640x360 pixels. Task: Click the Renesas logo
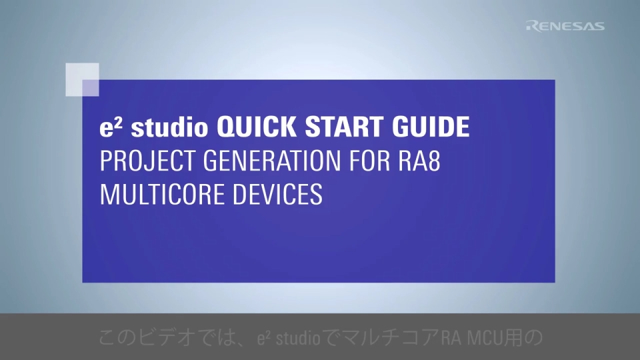pyautogui.click(x=565, y=26)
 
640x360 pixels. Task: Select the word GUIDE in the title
pyautogui.click(x=431, y=127)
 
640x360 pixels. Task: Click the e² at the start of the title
pyautogui.click(x=109, y=127)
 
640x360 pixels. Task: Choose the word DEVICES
pyautogui.click(x=285, y=196)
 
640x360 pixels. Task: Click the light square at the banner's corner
pyautogui.click(x=82, y=79)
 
